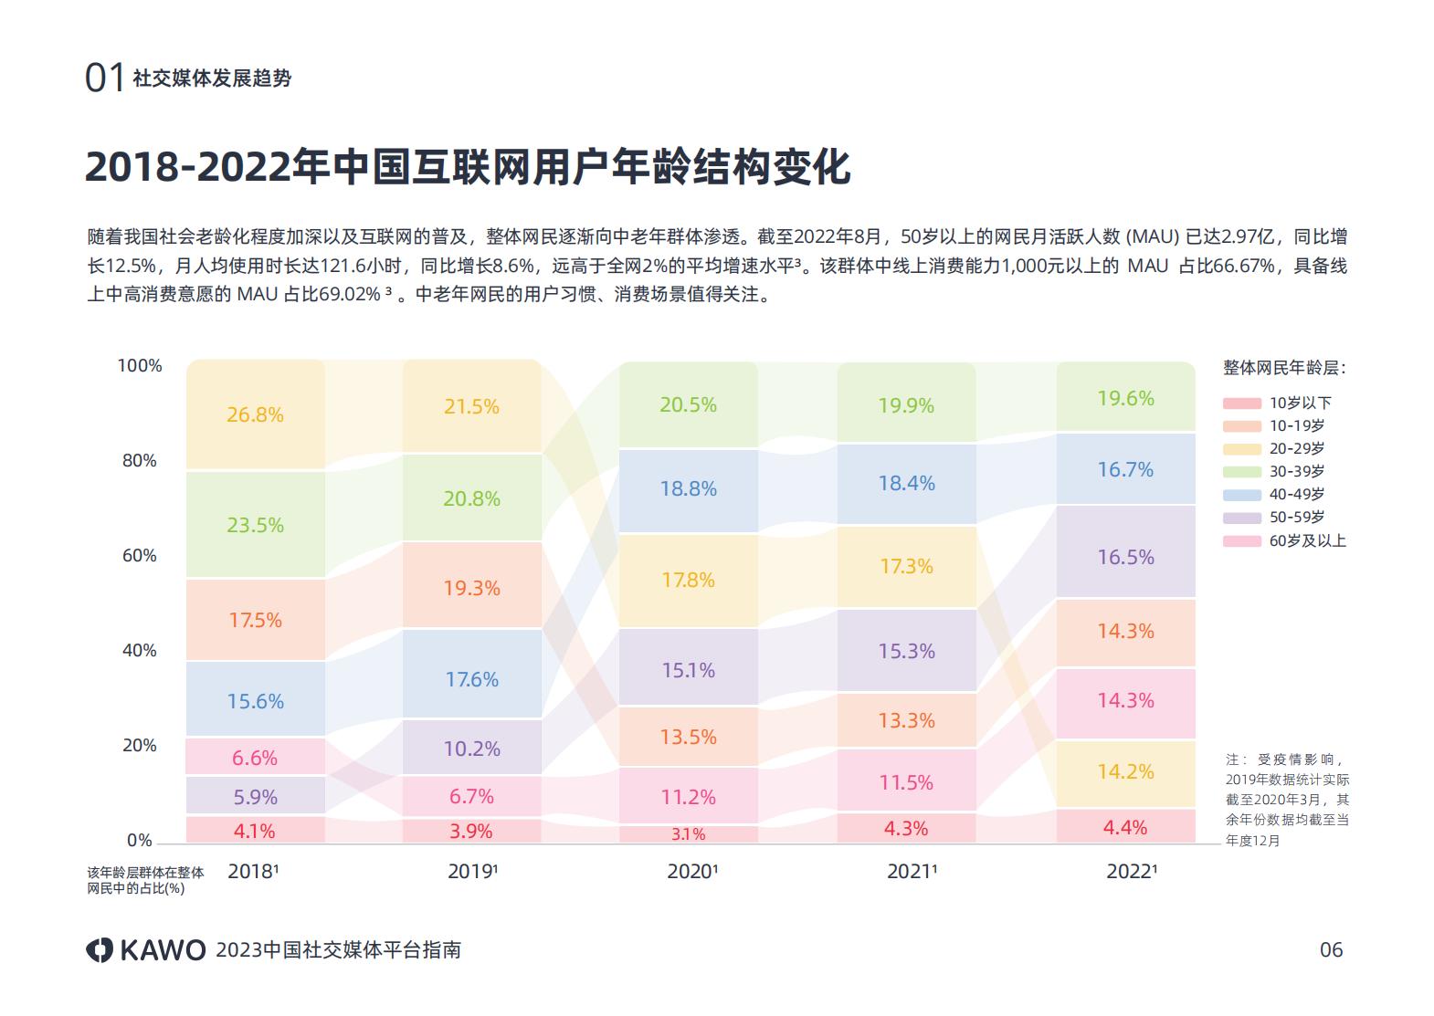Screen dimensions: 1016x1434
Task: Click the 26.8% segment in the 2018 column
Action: click(x=255, y=415)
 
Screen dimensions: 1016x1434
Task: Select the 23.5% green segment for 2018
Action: click(x=255, y=525)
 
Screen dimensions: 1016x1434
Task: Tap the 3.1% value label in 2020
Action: click(x=688, y=834)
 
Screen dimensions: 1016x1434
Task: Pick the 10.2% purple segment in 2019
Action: click(x=471, y=749)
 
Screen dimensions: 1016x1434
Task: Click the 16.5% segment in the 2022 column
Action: click(x=1125, y=557)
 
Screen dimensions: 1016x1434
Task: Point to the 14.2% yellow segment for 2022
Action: click(x=1125, y=772)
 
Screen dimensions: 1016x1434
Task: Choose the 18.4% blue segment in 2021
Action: click(x=906, y=483)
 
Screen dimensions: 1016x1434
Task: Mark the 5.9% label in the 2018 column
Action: click(x=255, y=797)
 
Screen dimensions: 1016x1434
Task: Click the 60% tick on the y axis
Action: click(x=140, y=555)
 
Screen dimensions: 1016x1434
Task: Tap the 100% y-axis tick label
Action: click(x=140, y=365)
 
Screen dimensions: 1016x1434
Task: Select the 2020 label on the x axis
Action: click(x=691, y=872)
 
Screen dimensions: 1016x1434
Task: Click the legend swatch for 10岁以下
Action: click(x=1241, y=403)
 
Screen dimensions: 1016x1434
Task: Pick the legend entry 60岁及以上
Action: click(x=1307, y=540)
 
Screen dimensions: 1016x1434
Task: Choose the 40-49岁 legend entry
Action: click(x=1296, y=494)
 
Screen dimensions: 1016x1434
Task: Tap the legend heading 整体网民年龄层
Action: click(x=1283, y=368)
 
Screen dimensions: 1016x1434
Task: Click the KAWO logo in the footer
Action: click(x=146, y=949)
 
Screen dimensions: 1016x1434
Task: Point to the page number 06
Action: click(x=1331, y=949)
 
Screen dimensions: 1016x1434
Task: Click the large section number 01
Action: click(x=104, y=79)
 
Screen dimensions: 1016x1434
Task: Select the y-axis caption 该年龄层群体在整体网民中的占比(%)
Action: click(x=145, y=879)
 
